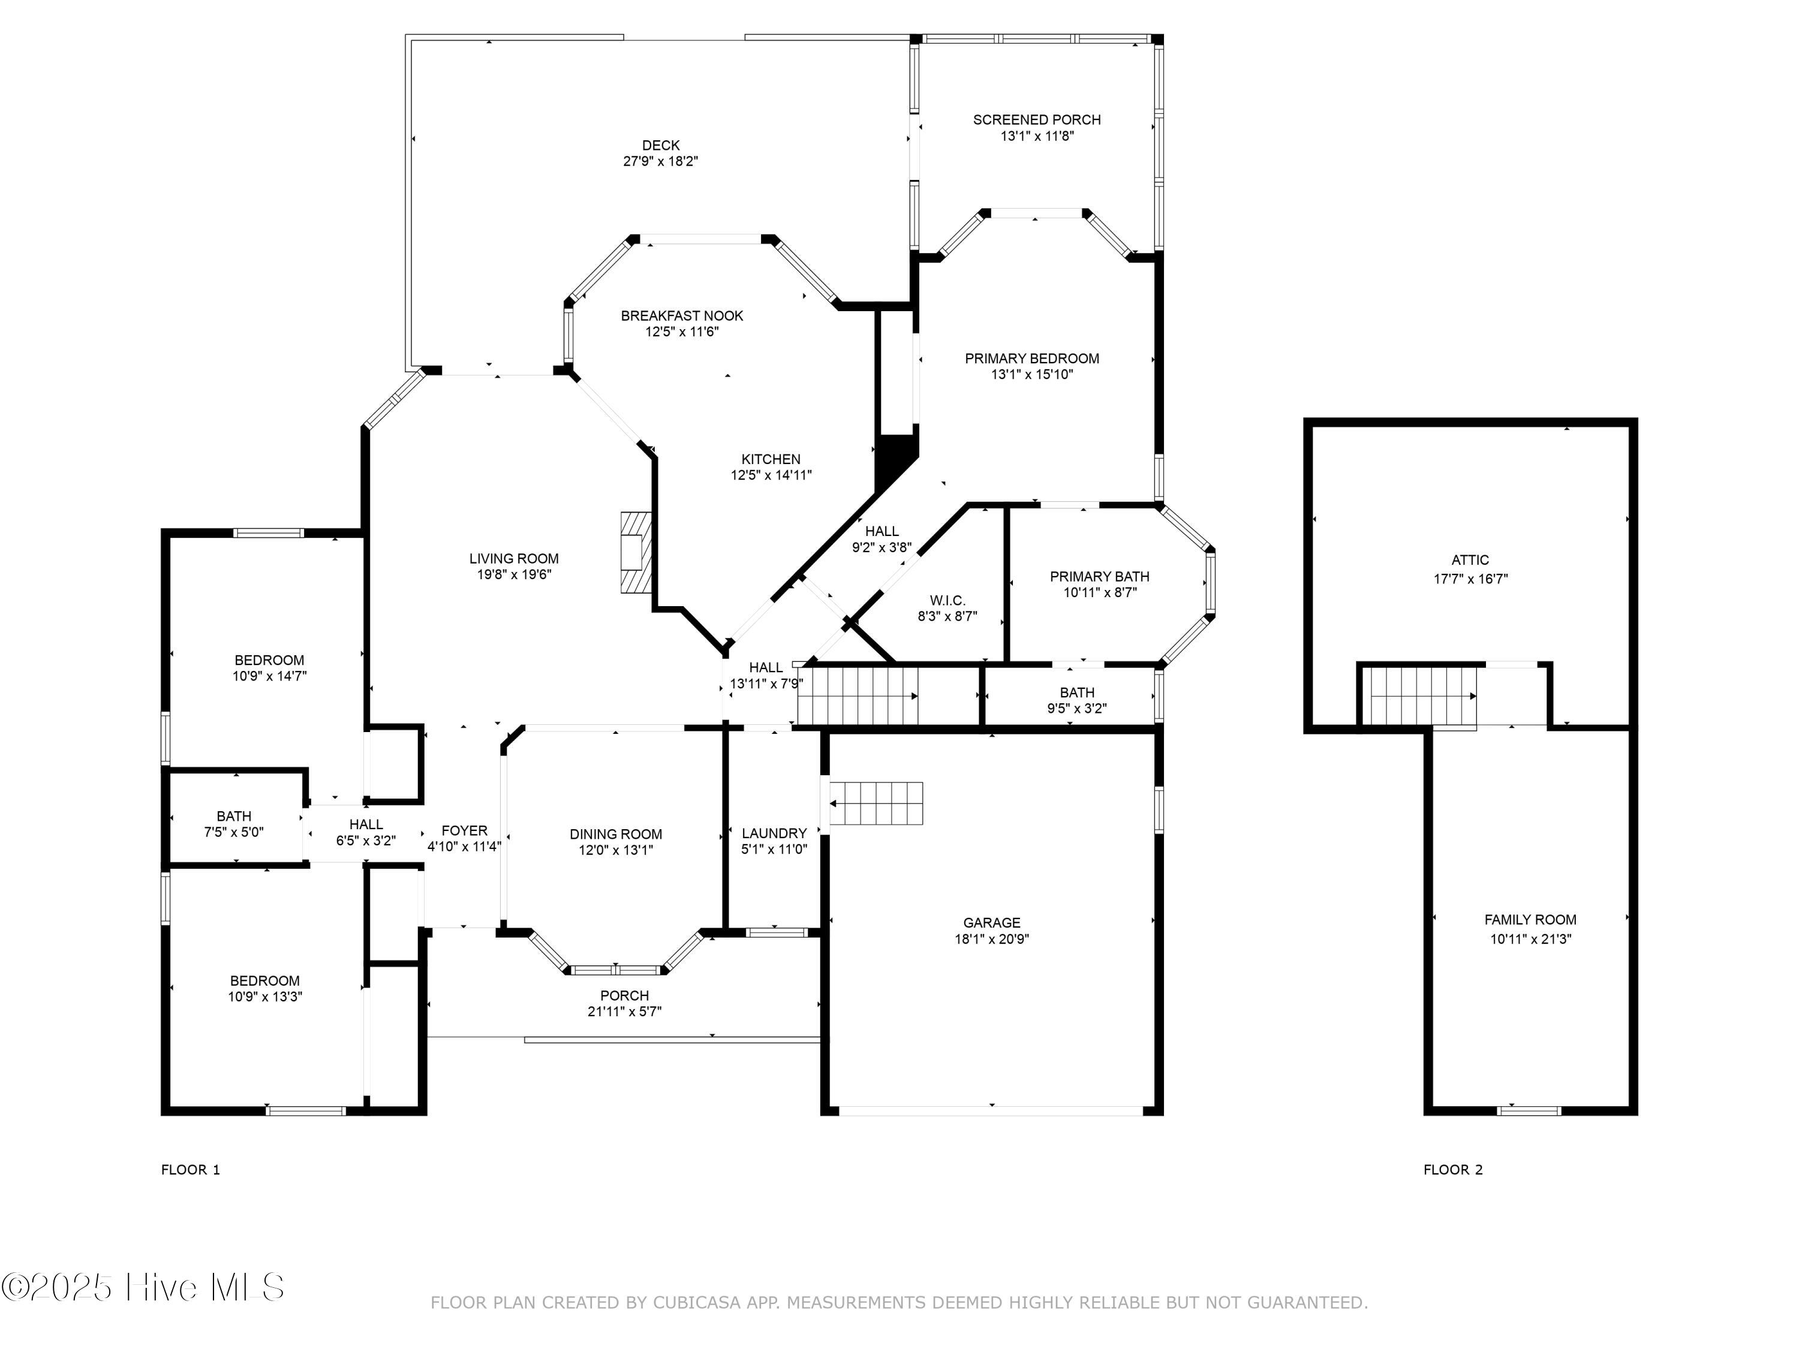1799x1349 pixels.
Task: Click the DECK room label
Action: tap(660, 146)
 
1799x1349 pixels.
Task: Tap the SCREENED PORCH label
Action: tap(1037, 119)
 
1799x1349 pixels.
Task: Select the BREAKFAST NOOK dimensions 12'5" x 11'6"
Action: tap(682, 332)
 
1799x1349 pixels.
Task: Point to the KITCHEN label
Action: tap(770, 459)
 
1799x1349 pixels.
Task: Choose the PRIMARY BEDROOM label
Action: tap(1031, 359)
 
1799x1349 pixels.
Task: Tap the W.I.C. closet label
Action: tap(947, 601)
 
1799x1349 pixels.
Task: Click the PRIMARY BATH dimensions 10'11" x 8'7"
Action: tap(1100, 593)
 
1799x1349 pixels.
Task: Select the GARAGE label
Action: tap(991, 923)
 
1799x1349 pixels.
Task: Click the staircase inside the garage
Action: tap(877, 803)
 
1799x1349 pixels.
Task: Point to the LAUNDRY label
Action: tap(774, 833)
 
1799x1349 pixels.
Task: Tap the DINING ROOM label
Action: tap(616, 835)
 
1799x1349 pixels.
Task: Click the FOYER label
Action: tap(464, 831)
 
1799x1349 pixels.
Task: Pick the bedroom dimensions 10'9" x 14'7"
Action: tap(269, 676)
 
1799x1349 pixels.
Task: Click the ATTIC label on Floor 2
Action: tap(1470, 560)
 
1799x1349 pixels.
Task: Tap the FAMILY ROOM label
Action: tap(1530, 920)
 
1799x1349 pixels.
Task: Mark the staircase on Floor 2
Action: tap(1419, 696)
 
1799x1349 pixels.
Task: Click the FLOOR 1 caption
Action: tap(190, 1170)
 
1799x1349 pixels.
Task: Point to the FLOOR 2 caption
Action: tap(1452, 1170)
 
